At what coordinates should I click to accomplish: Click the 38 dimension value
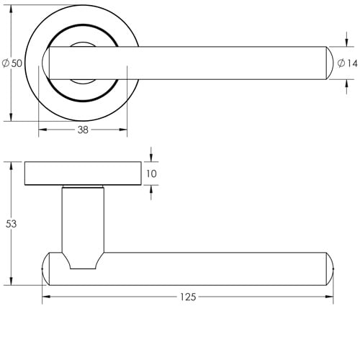coord(83,130)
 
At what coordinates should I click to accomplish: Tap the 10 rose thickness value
coord(151,174)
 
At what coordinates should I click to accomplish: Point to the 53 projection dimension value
coord(11,224)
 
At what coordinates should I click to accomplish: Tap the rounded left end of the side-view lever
coord(45,268)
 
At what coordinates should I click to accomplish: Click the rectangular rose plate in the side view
coord(83,174)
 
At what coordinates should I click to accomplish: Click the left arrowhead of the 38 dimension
coord(41,130)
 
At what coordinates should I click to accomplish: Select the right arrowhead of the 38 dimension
coord(124,130)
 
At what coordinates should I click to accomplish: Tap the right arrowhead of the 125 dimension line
coord(332,297)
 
